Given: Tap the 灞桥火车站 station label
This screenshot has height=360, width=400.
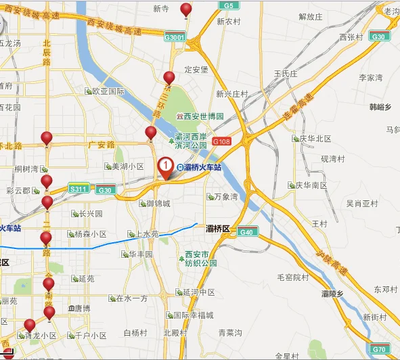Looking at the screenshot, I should click(202, 168).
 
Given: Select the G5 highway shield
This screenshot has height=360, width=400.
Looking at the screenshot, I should click(229, 5).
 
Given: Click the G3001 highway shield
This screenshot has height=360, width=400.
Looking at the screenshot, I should click(175, 38).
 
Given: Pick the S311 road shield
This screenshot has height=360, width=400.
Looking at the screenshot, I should click(79, 189).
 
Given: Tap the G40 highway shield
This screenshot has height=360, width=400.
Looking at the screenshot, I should click(247, 232).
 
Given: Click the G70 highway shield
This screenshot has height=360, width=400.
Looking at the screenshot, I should click(379, 349).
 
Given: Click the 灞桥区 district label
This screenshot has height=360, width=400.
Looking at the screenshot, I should click(219, 229).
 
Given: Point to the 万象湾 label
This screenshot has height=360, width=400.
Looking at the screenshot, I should click(225, 197).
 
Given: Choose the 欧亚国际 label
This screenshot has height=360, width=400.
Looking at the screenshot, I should click(109, 91).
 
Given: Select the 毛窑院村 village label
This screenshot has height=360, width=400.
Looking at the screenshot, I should click(293, 277).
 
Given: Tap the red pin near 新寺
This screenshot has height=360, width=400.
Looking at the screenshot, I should click(185, 9).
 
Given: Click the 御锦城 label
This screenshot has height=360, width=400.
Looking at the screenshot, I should click(158, 203).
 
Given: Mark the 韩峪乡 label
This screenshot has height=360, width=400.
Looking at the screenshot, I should click(380, 107).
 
